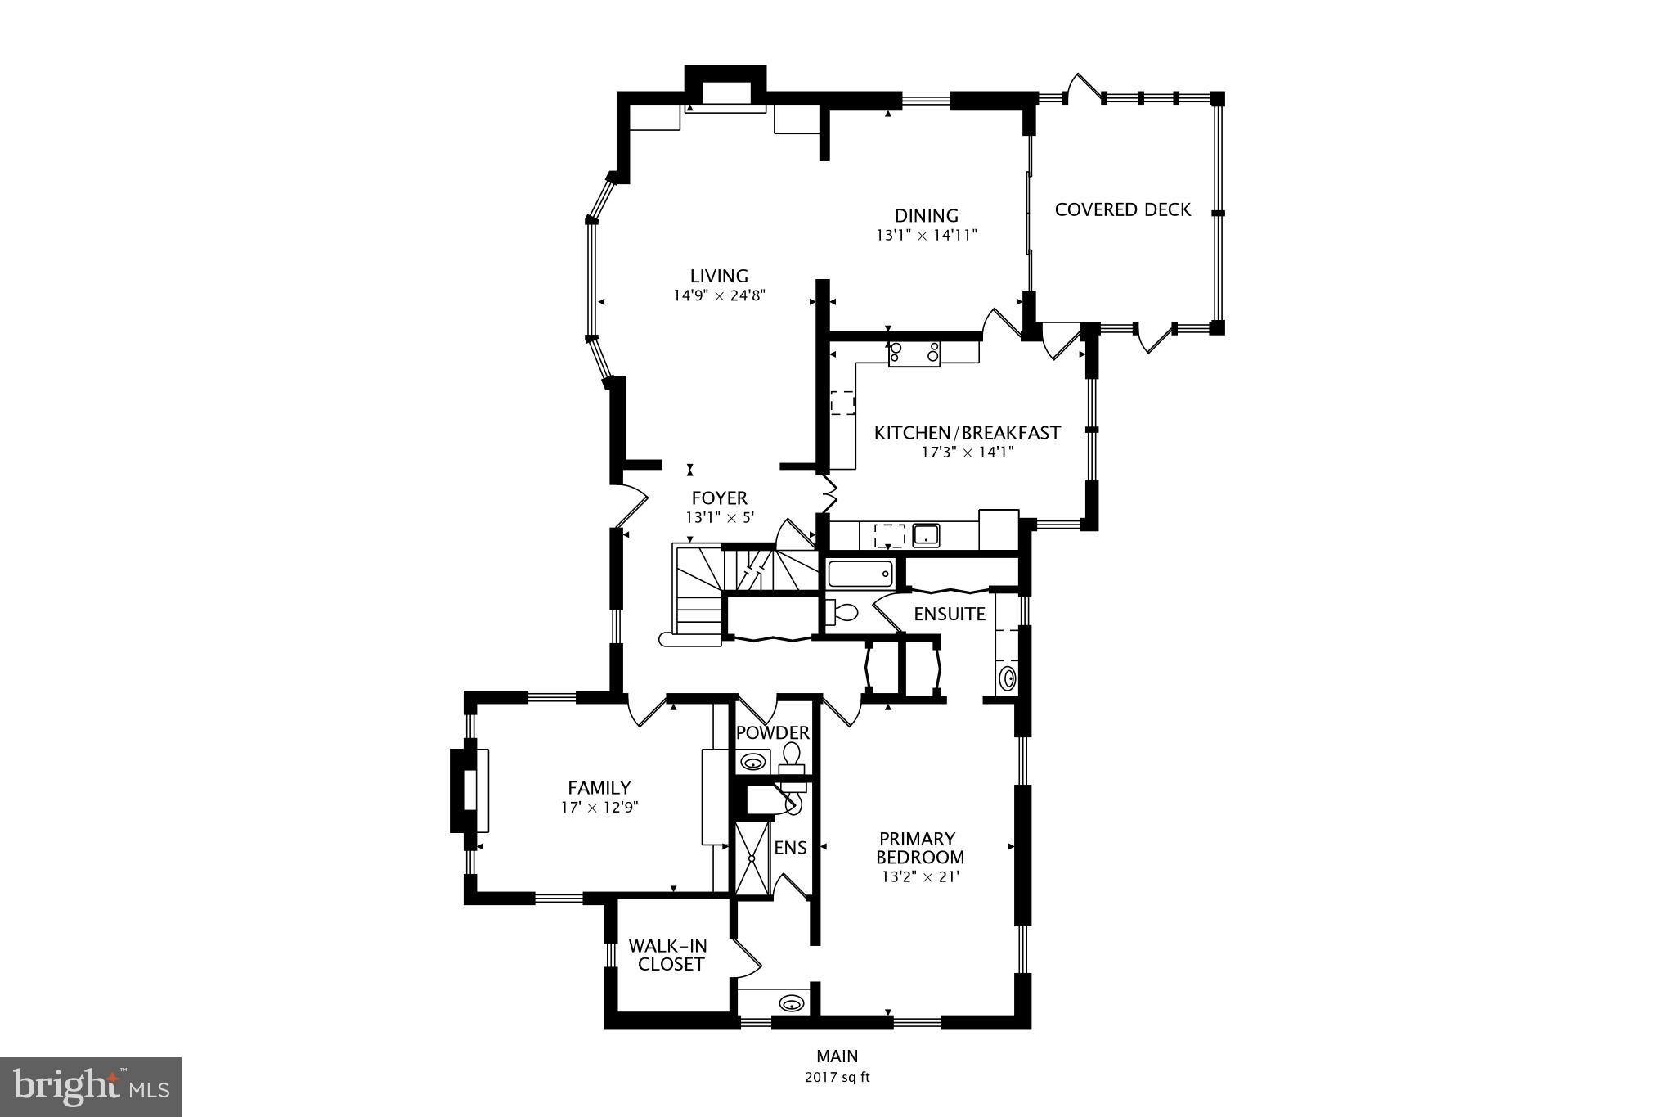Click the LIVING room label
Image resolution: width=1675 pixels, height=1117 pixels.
coord(718,276)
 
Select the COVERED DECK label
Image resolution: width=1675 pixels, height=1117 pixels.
coord(1122,209)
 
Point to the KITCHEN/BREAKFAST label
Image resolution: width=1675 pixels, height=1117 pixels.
coord(967,433)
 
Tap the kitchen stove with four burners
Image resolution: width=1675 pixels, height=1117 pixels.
coord(914,353)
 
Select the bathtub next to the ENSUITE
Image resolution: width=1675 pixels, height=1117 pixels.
coord(859,573)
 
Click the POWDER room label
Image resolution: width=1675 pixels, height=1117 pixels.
coord(772,732)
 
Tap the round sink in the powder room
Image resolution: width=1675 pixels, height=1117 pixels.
coord(752,763)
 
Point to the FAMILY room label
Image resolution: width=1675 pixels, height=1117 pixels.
coord(599,787)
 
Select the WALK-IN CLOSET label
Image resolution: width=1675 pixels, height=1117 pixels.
coord(667,955)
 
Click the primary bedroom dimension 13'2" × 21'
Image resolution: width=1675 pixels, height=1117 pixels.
coord(919,877)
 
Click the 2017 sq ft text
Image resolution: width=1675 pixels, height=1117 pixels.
coord(837,1078)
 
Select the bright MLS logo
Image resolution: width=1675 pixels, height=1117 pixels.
coord(90,1087)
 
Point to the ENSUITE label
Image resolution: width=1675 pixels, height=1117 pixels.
coord(949,614)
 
